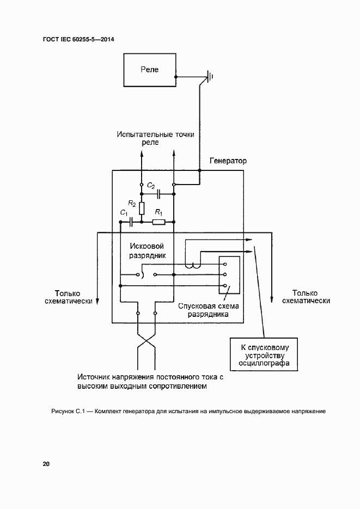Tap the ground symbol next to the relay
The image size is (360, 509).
[x=208, y=77]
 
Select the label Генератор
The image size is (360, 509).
[x=228, y=161]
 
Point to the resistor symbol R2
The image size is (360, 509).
[x=142, y=208]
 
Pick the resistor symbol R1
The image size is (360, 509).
[x=158, y=222]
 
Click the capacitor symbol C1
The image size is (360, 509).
[x=131, y=222]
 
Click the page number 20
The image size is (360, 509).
[x=46, y=464]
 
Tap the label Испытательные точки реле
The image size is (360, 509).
[x=155, y=138]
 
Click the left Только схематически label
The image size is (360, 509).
[x=68, y=296]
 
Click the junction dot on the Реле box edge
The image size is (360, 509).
[x=175, y=77]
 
